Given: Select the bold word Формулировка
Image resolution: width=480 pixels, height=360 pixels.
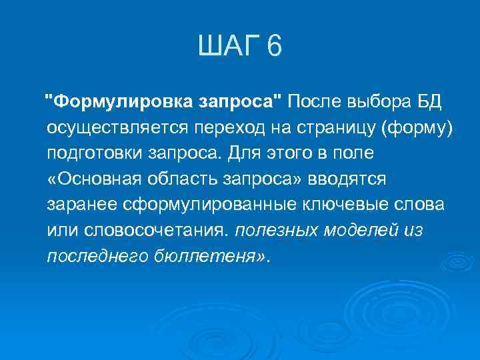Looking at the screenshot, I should pyautogui.click(x=122, y=102).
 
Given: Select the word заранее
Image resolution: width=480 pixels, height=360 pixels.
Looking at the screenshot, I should pyautogui.click(x=78, y=204).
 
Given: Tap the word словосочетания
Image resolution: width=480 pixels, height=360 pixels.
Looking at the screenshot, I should pyautogui.click(x=154, y=230).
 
